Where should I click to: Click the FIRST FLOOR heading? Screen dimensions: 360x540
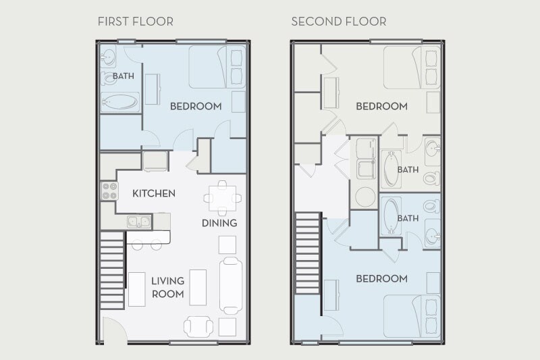click(135, 22)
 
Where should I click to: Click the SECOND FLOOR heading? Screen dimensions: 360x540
click(338, 22)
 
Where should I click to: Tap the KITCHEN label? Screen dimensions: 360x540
click(153, 194)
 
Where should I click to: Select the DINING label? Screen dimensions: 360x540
click(219, 223)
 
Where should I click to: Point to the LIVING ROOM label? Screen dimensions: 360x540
click(167, 287)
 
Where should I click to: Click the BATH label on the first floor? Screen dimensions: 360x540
click(124, 76)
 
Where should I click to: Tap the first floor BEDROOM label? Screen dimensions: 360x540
click(196, 106)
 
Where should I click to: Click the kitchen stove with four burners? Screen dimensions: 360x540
click(109, 191)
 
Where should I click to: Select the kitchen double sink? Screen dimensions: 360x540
click(138, 222)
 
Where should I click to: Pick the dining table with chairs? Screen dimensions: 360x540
click(222, 197)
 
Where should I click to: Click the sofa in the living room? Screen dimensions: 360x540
click(230, 285)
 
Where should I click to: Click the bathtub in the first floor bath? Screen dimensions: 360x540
click(120, 103)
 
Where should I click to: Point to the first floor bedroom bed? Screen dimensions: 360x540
click(216, 67)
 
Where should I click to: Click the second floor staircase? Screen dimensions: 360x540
click(308, 253)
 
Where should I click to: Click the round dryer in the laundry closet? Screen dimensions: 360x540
click(366, 197)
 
